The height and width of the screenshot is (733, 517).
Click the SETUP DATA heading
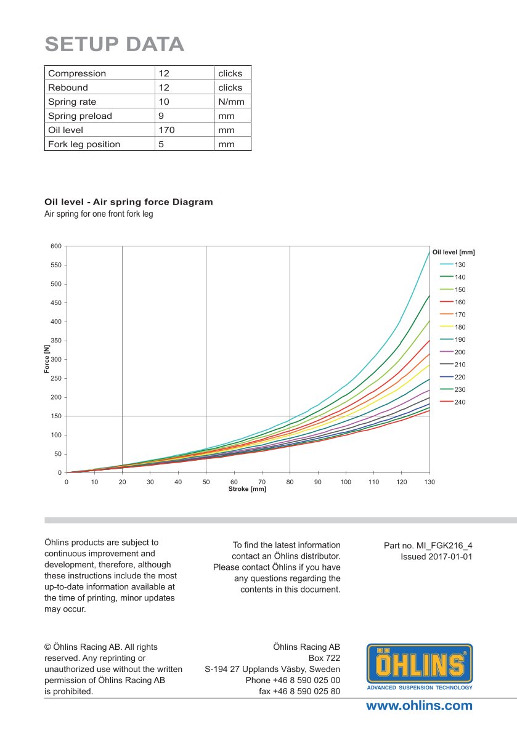click(x=115, y=44)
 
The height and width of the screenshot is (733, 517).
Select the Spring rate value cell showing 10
click(x=164, y=102)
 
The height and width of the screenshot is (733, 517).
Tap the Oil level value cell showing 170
click(x=167, y=130)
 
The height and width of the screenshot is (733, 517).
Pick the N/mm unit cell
click(x=231, y=102)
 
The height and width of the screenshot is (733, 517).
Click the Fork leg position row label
click(x=84, y=144)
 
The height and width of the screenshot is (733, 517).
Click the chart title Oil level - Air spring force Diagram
click(x=129, y=201)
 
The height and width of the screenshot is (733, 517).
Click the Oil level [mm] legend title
click(x=454, y=252)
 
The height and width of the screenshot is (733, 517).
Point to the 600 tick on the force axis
click(x=55, y=246)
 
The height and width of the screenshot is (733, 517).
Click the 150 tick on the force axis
click(x=55, y=416)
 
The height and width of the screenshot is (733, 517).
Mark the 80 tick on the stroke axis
click(x=290, y=482)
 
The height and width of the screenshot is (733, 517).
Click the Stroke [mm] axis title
click(x=247, y=489)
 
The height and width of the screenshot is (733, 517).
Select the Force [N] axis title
click(x=47, y=360)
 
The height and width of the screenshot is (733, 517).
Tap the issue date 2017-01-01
click(x=448, y=556)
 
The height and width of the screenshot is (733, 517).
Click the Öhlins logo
click(x=420, y=666)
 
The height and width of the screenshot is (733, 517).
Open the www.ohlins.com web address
click(x=419, y=706)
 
